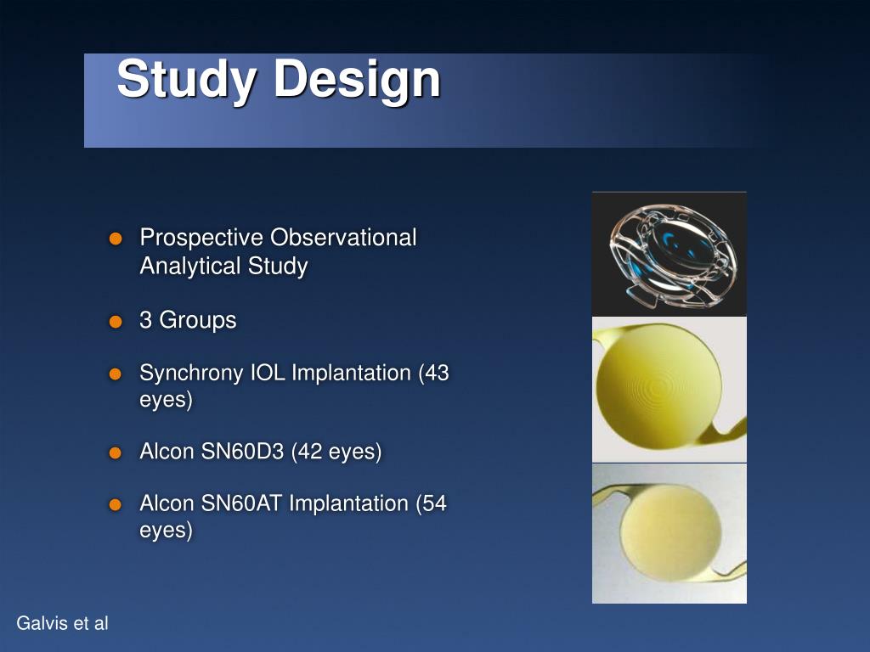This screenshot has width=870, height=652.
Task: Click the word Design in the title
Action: coord(356,79)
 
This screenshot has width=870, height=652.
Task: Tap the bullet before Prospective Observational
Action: coord(116,239)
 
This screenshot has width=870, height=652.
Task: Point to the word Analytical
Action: coord(190,267)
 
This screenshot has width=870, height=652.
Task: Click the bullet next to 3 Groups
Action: coord(116,322)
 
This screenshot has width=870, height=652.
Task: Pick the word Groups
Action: coord(198,321)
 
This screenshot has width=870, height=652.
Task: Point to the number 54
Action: coord(433,503)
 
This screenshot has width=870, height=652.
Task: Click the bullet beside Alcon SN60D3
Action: coord(116,452)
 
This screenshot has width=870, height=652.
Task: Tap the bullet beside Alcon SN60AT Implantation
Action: coord(116,505)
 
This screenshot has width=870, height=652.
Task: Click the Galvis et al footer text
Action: coord(63,624)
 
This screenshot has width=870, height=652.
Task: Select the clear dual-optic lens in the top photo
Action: coord(669,252)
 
